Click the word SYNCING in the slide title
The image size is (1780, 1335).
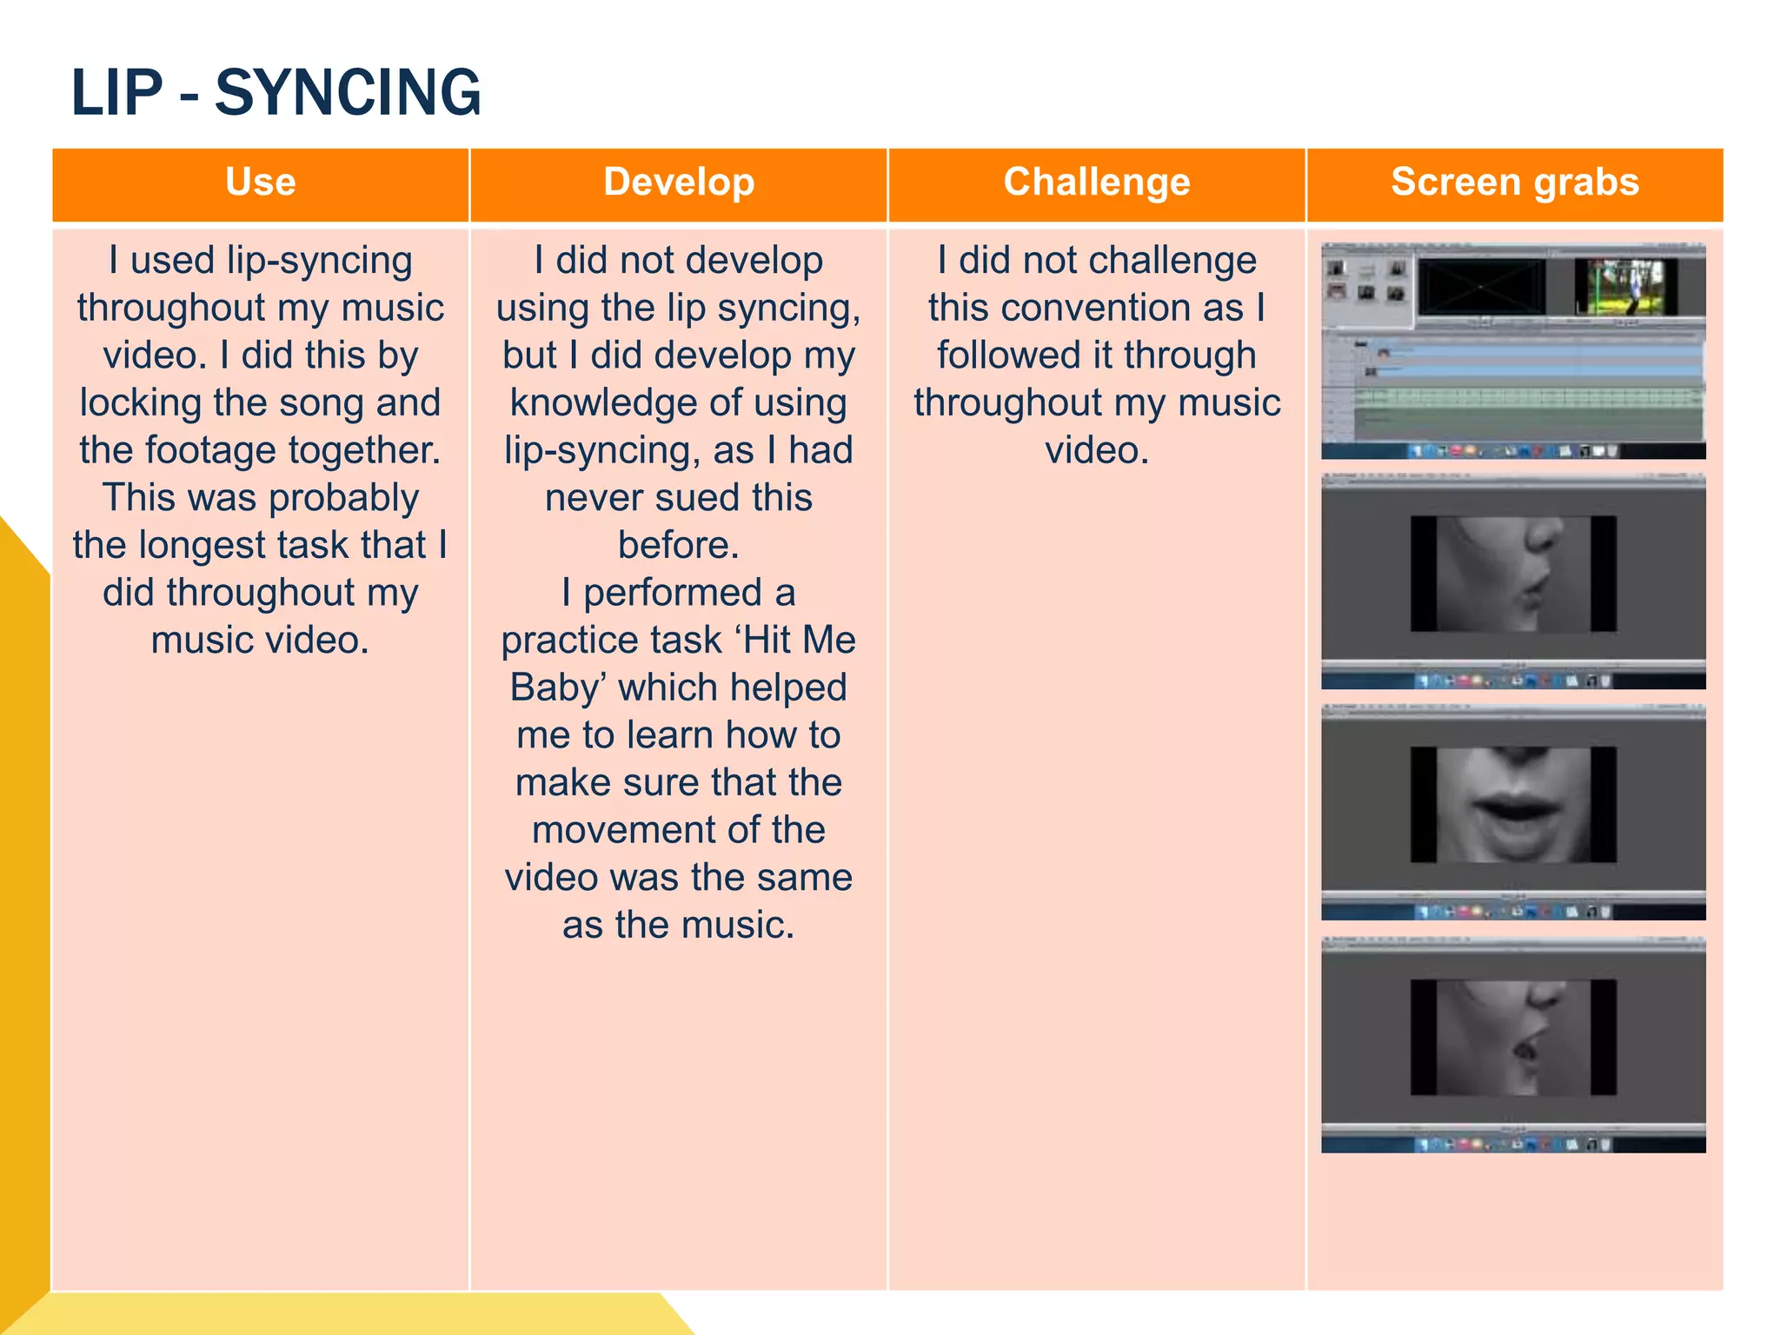point(347,92)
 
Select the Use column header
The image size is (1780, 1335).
point(260,183)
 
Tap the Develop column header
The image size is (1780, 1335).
point(679,183)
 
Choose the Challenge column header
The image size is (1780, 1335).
point(1097,183)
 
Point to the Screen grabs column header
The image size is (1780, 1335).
point(1514,183)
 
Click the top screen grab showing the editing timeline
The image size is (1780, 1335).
point(1512,351)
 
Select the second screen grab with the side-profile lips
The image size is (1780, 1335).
point(1512,581)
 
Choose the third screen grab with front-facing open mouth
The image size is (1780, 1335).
point(1512,812)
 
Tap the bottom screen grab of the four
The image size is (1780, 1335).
point(1512,1044)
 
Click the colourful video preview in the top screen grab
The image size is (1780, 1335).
point(1625,287)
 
